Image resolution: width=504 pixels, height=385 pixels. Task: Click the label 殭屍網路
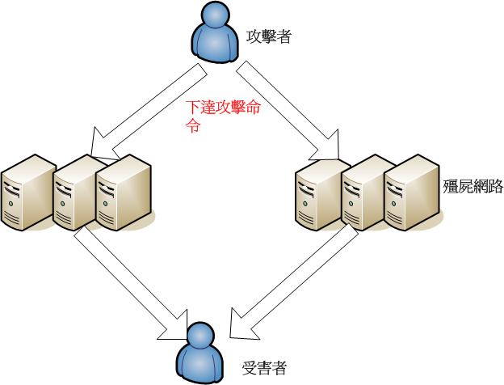[473, 187]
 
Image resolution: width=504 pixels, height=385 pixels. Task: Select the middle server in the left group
[74, 192]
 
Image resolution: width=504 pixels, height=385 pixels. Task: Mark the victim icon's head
[197, 336]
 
